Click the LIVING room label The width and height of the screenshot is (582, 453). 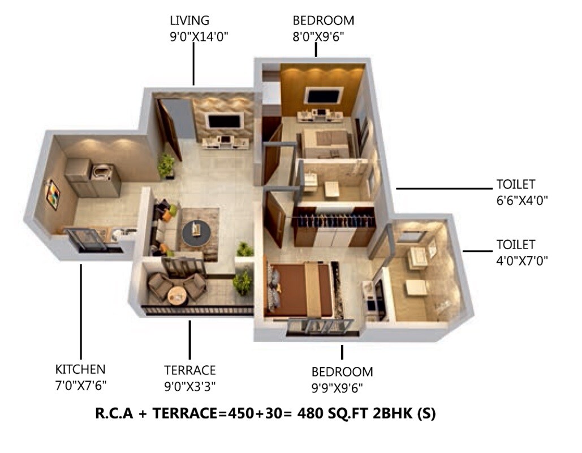tap(189, 21)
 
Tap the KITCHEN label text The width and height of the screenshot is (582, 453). tap(80, 370)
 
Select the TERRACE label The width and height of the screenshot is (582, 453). tap(189, 370)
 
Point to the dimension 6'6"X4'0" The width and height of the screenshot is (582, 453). tap(523, 200)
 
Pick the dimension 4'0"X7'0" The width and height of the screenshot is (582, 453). tap(522, 260)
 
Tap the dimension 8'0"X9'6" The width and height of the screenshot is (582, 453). tap(318, 37)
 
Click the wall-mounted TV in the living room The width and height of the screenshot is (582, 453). tap(225, 121)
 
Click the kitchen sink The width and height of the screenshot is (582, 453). tap(123, 232)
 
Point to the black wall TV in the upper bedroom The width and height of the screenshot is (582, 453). tap(323, 96)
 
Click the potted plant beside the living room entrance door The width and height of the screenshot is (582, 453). tap(166, 166)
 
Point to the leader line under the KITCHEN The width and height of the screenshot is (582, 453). tap(81, 311)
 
